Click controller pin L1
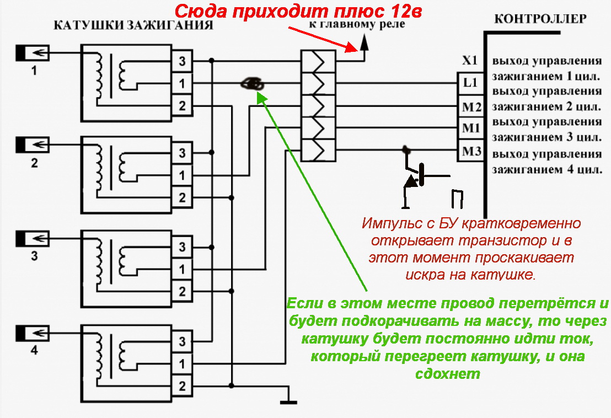coord(470,84)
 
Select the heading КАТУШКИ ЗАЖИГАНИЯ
coord(133,26)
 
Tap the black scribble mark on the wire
coord(253,84)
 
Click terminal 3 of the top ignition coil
coord(181,60)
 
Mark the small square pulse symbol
coord(457,199)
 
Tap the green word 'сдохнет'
coord(448,374)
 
